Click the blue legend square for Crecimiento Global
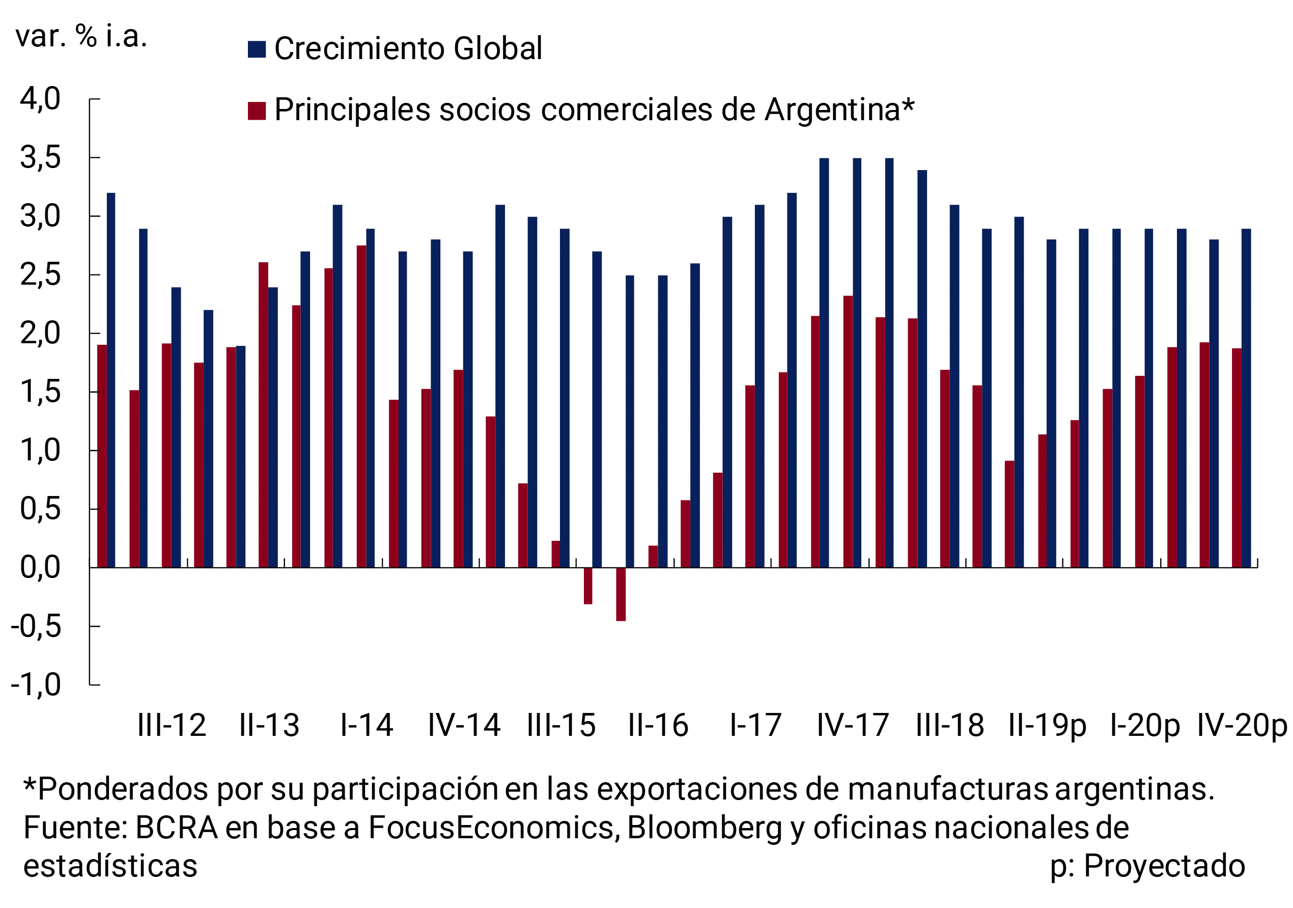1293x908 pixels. click(x=257, y=49)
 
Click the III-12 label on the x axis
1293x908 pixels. click(x=172, y=725)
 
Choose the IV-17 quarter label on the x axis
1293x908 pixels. click(x=853, y=725)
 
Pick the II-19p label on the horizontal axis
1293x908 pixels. click(x=1047, y=725)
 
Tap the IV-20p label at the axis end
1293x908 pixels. click(x=1242, y=725)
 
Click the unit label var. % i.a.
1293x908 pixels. click(x=81, y=36)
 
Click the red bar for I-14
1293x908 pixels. click(x=361, y=406)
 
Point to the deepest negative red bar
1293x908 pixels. click(x=621, y=594)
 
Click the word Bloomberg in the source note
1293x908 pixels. click(x=705, y=828)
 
